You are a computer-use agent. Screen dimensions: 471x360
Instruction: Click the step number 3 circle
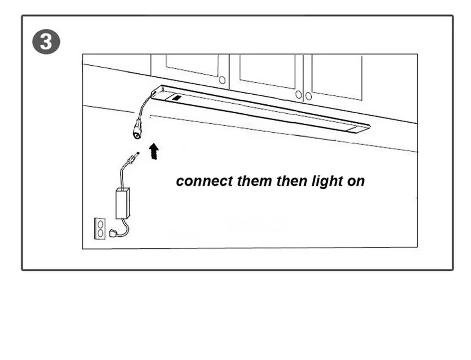tap(46, 42)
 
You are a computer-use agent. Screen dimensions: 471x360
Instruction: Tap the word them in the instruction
tap(253, 181)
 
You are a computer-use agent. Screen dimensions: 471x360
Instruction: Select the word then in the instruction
tap(290, 181)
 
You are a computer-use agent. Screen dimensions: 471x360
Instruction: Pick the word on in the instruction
tap(356, 181)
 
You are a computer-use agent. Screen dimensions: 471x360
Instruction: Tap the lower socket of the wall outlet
tap(100, 232)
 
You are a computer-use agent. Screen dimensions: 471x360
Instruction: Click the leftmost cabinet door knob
tap(223, 80)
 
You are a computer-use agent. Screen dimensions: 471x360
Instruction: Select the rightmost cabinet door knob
tap(309, 96)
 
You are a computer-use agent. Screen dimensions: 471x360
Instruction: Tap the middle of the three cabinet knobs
tap(298, 94)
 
